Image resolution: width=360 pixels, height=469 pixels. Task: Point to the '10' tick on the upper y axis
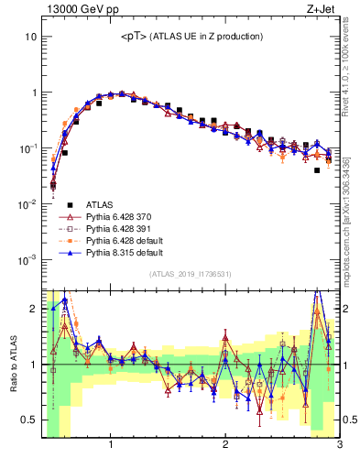pyautogui.click(x=31, y=37)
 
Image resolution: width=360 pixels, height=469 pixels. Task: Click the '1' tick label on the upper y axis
pyautogui.click(x=34, y=93)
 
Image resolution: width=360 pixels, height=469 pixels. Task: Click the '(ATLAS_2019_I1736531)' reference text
pyautogui.click(x=191, y=274)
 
